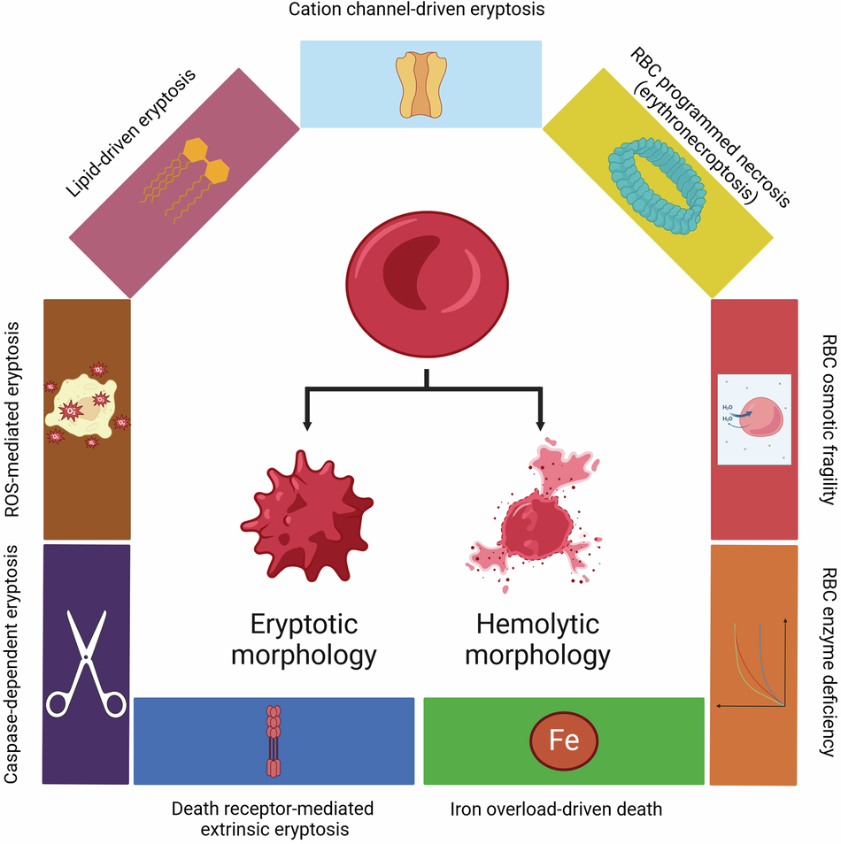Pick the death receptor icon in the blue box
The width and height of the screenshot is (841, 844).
[274, 740]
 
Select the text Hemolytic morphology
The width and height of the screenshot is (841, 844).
[538, 640]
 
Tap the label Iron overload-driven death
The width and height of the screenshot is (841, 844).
[556, 809]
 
